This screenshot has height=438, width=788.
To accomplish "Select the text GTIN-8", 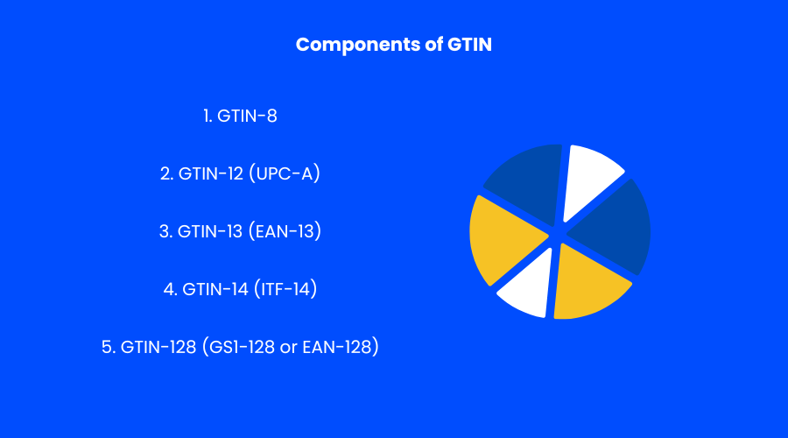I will pyautogui.click(x=248, y=115).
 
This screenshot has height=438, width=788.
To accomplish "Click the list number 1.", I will pyautogui.click(x=208, y=115).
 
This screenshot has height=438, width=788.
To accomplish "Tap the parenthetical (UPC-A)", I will pyautogui.click(x=285, y=173).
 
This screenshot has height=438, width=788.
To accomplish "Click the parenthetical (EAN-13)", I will pyautogui.click(x=285, y=231).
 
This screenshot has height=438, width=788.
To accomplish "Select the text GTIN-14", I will pyautogui.click(x=214, y=289).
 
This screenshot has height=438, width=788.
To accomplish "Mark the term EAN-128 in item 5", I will pyautogui.click(x=341, y=347).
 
